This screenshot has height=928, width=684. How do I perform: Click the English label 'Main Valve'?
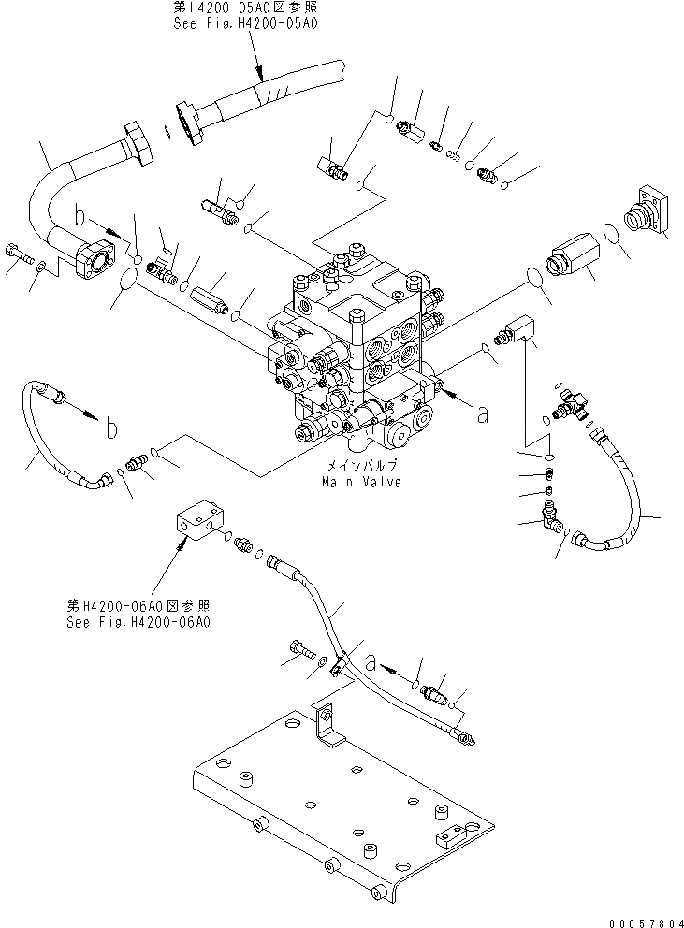tap(360, 483)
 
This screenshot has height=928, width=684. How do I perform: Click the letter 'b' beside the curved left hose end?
tap(110, 429)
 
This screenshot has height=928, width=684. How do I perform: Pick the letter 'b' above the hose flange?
tap(81, 218)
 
